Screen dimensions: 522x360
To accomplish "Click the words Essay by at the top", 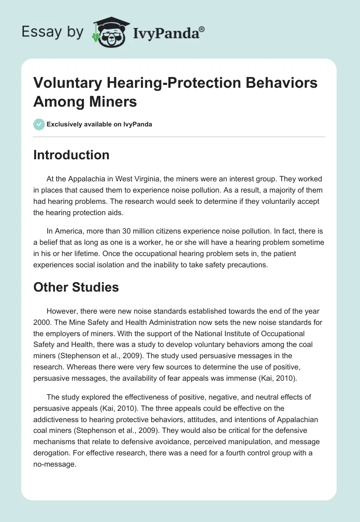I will coord(53,32).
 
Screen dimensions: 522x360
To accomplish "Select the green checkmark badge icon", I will coord(39,124).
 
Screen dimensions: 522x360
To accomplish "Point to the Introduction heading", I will coord(72,155).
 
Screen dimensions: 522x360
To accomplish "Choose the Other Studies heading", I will coord(76,287).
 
